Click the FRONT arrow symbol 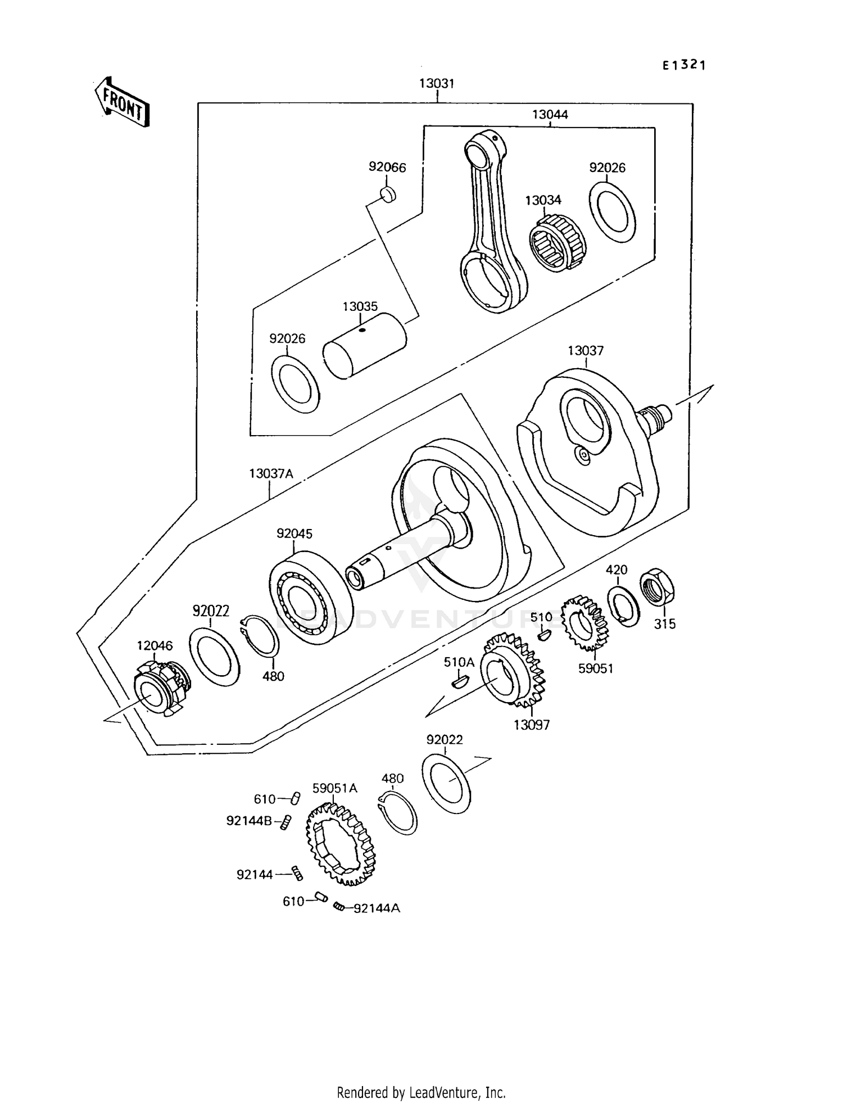click(121, 102)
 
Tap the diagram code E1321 click(683, 65)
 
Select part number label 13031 click(436, 84)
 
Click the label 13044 click(550, 115)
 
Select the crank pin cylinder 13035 click(364, 345)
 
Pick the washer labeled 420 click(624, 606)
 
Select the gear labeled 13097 click(513, 670)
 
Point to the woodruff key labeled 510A click(459, 682)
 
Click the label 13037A click(271, 474)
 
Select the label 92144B click(248, 821)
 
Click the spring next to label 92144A click(338, 906)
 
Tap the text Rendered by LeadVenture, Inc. click(421, 1092)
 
